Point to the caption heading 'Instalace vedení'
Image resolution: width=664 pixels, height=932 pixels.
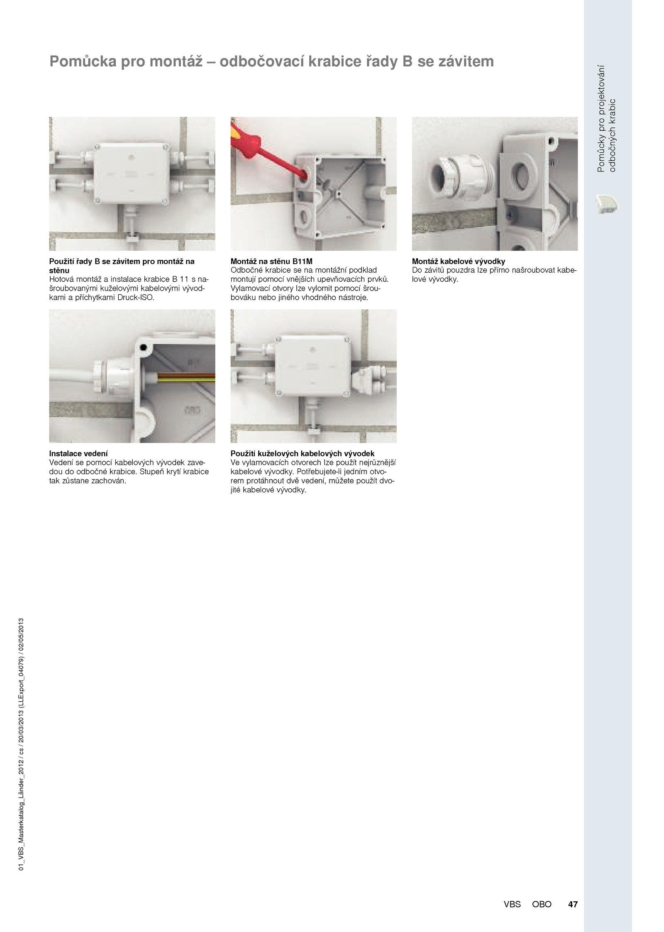pos(78,454)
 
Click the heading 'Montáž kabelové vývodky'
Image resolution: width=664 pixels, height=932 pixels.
pos(459,262)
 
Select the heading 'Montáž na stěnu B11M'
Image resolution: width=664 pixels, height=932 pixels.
pos(271,262)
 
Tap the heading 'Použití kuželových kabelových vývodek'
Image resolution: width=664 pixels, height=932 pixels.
pos(303,454)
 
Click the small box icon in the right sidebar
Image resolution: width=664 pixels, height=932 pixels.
pos(607,204)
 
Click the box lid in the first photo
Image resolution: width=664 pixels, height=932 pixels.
pos(131,174)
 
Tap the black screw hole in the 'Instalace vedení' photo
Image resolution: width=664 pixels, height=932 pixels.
pos(143,347)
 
